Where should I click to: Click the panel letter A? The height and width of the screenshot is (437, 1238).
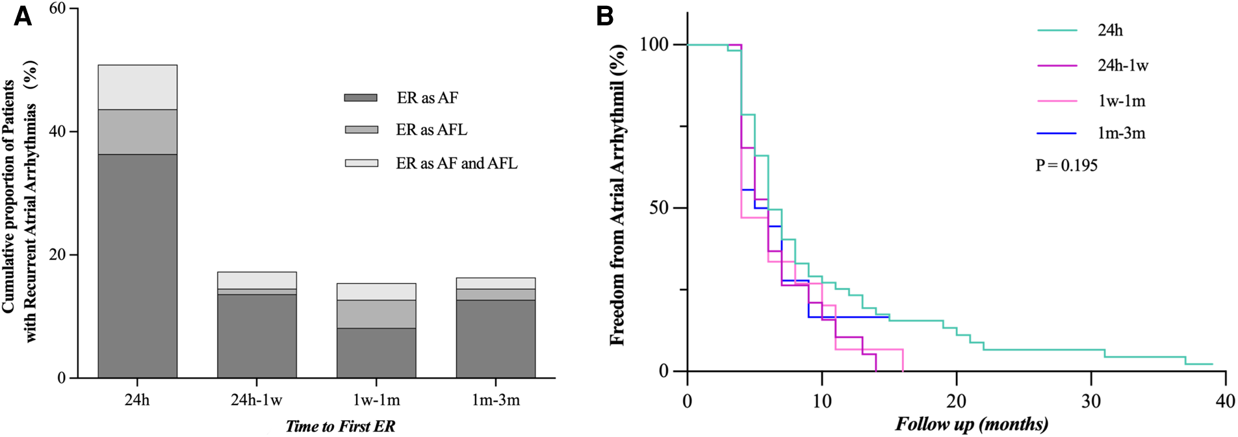(23, 16)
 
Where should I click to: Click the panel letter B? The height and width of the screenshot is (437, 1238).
(604, 16)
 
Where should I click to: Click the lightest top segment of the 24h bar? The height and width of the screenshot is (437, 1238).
(137, 87)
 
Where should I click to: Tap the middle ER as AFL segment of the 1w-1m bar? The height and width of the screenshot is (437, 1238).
(376, 314)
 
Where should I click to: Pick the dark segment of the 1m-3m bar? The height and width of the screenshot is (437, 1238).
(496, 338)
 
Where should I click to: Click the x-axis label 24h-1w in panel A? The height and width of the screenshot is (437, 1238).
(256, 400)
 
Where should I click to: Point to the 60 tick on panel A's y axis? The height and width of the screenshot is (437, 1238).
(57, 8)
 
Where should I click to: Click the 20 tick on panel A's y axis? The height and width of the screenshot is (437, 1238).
(57, 254)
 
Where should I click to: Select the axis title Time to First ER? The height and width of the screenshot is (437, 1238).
(340, 426)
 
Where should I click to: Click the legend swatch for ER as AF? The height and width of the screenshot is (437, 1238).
(361, 98)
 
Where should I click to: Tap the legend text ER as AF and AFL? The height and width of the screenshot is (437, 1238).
(456, 163)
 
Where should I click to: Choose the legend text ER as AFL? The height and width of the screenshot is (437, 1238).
(432, 130)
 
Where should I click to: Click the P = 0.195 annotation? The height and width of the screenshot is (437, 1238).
(1066, 165)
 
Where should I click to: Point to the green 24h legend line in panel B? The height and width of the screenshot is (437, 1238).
(1057, 31)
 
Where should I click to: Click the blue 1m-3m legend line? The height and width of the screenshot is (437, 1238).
(1057, 133)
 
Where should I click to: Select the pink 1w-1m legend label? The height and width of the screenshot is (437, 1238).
(1122, 101)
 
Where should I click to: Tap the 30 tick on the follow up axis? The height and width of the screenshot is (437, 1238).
(1091, 401)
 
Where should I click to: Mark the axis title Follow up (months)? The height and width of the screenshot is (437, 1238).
(971, 425)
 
